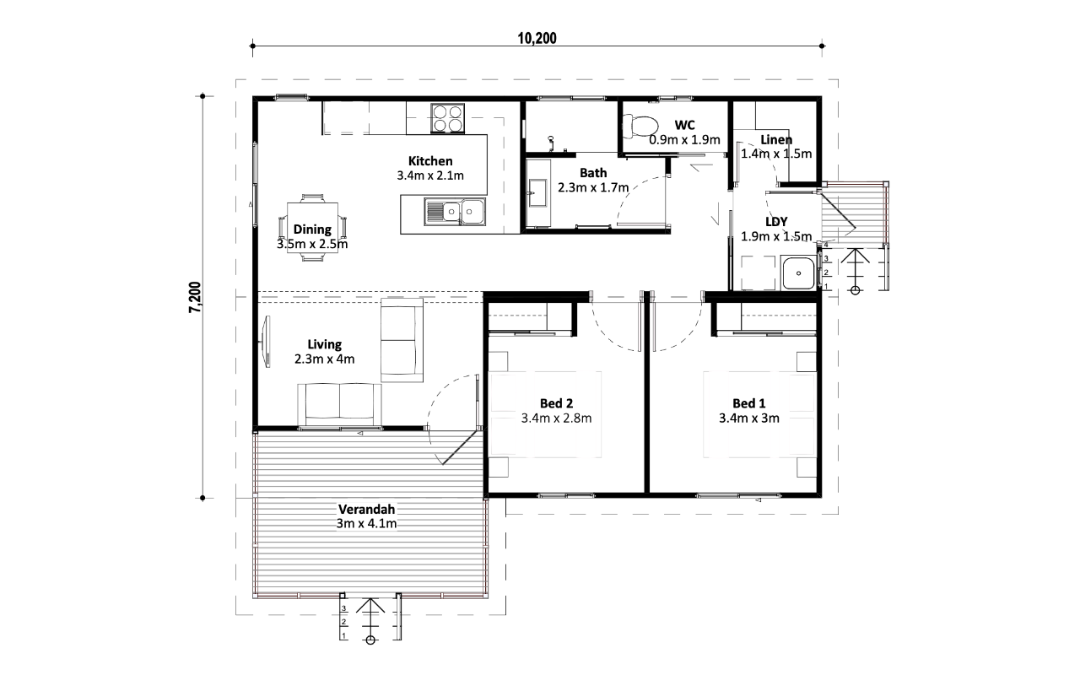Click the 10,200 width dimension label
[537, 38]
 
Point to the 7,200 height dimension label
[195, 297]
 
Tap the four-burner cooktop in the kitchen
[447, 119]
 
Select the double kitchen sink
[455, 212]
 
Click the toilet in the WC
[640, 127]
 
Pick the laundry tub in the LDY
[798, 273]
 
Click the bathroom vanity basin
[537, 193]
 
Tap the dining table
[312, 228]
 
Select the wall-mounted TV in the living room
[266, 342]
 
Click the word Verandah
[366, 509]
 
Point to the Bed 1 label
[748, 403]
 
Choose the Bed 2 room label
[556, 403]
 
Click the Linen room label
[776, 140]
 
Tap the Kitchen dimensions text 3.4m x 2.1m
[430, 175]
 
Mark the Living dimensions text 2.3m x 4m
[325, 359]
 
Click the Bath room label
[593, 173]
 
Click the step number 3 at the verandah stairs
[343, 608]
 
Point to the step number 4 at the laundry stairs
[826, 245]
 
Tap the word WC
[684, 126]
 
